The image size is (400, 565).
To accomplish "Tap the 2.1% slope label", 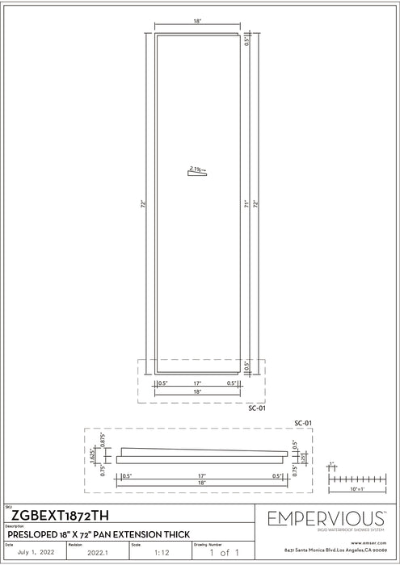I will (x=196, y=169).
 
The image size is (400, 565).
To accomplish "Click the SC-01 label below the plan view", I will (x=256, y=408).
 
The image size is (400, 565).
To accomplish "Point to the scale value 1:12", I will (x=161, y=553).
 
